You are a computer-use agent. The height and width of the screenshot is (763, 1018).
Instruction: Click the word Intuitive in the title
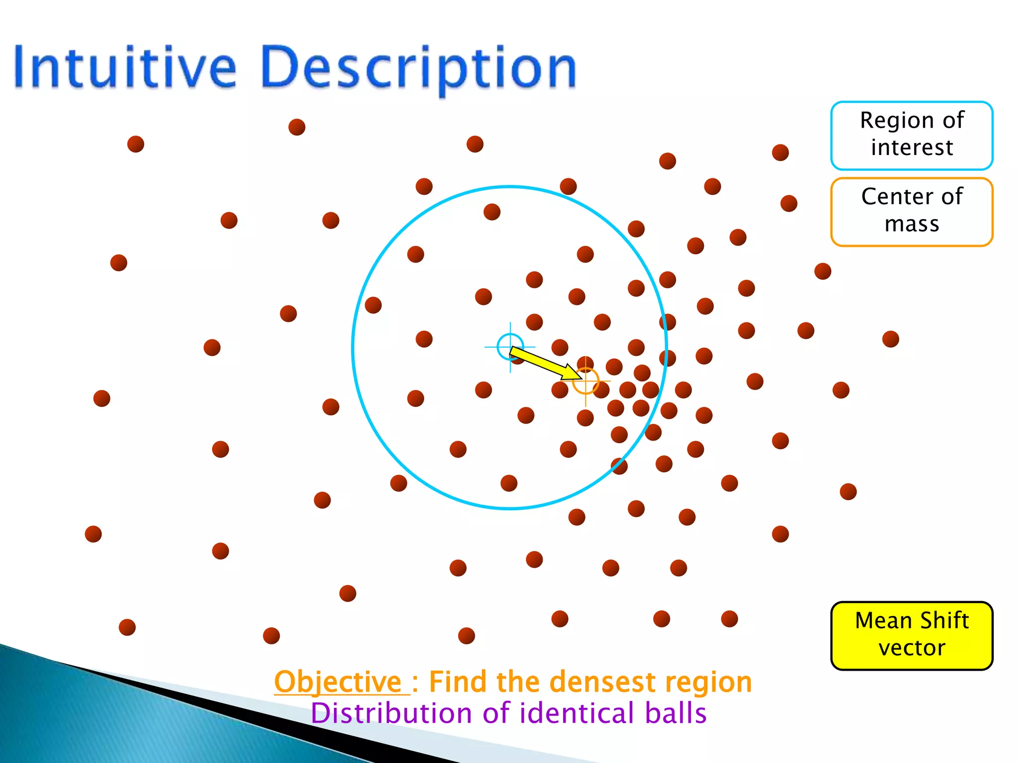click(124, 67)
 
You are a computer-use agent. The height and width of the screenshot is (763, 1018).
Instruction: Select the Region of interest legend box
click(912, 135)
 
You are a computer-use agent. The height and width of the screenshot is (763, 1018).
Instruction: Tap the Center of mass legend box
click(912, 212)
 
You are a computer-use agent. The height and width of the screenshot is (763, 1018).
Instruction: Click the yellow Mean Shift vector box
click(912, 635)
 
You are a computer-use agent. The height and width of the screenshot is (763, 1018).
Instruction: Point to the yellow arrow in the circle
click(544, 363)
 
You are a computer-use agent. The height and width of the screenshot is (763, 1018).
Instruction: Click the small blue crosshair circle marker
click(510, 347)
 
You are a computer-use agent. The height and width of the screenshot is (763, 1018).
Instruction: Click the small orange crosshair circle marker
click(586, 381)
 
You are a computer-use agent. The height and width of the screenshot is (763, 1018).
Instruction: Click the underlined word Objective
click(338, 682)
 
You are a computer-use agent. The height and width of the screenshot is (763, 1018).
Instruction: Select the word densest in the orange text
click(603, 682)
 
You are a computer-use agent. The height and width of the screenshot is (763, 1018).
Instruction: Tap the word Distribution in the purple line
click(391, 713)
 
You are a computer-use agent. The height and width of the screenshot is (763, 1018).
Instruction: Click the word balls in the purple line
click(676, 713)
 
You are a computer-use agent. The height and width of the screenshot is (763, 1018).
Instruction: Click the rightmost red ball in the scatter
click(890, 339)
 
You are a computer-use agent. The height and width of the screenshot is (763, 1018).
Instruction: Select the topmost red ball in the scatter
click(297, 127)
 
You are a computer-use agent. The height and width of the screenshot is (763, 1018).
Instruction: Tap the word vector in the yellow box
click(912, 648)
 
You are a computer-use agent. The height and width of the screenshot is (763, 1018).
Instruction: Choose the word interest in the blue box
click(912, 148)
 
